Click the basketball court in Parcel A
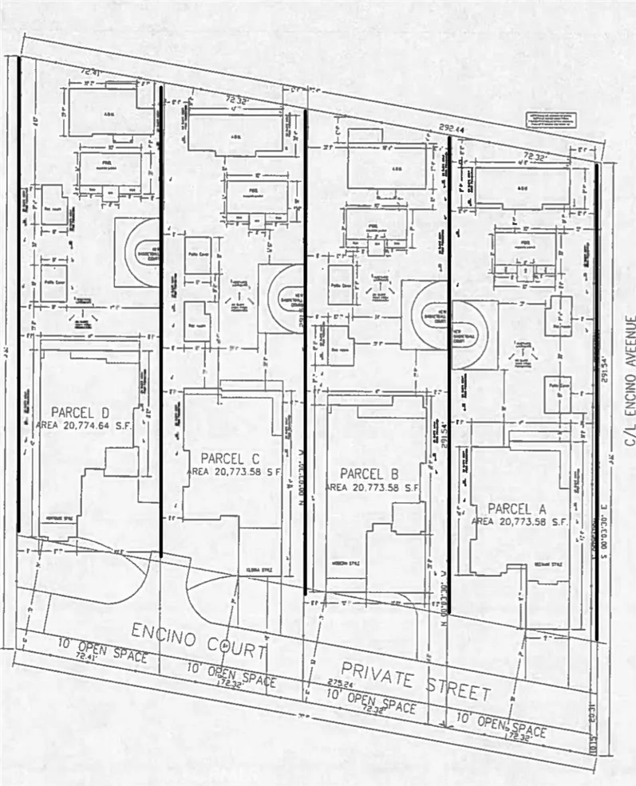[476, 335]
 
